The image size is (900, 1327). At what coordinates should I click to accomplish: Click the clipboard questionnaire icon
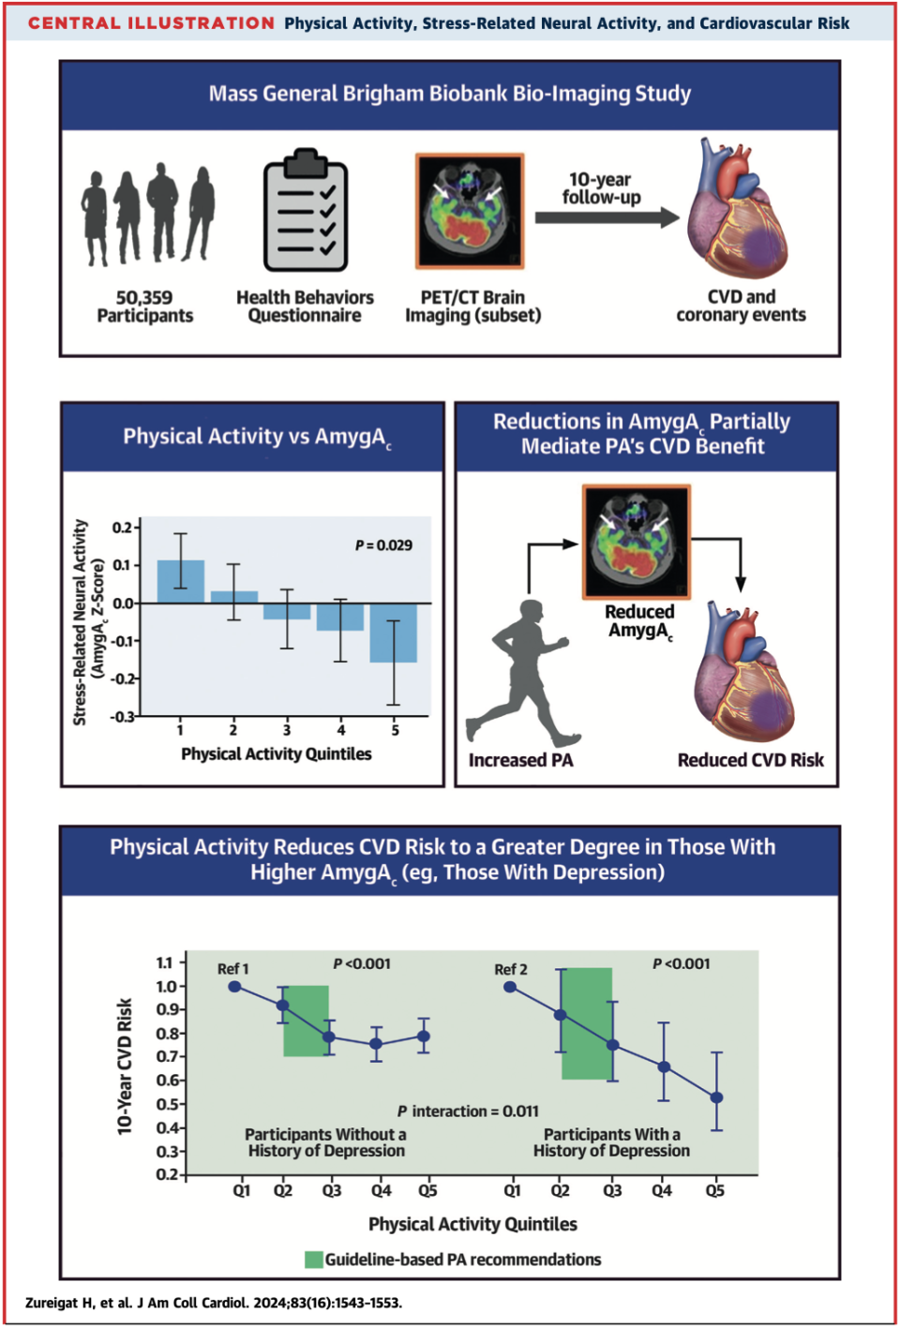click(305, 212)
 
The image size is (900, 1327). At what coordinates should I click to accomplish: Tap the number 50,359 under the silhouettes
click(144, 297)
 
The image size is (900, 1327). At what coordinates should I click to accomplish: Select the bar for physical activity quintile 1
click(180, 581)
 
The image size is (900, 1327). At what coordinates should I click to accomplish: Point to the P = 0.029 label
click(383, 545)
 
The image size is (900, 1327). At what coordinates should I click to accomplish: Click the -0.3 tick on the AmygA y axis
click(123, 717)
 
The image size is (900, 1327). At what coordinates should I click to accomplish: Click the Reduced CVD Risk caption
click(750, 760)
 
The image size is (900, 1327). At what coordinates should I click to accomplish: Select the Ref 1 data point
click(234, 987)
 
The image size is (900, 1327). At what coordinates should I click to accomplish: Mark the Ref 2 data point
click(510, 987)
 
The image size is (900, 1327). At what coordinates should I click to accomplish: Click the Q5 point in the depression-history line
click(716, 1097)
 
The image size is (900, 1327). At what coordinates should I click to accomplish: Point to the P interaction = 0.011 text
click(468, 1111)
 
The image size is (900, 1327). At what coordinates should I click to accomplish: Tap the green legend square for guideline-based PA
click(314, 1260)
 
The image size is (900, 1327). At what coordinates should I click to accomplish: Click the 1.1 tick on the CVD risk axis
click(165, 962)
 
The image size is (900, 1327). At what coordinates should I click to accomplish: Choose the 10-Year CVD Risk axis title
click(125, 1066)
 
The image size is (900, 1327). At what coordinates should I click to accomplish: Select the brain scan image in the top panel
click(471, 212)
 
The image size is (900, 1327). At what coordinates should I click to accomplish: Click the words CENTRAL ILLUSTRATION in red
click(151, 23)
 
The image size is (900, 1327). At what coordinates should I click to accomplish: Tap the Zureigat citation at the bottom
click(214, 1303)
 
